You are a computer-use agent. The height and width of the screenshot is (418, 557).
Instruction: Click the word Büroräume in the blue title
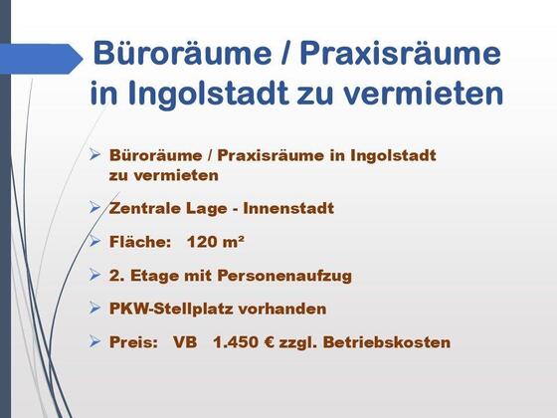tap(182, 53)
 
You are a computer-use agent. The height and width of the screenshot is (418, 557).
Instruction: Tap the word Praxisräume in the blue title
tap(401, 55)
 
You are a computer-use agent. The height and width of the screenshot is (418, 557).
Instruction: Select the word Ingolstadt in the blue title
tap(208, 94)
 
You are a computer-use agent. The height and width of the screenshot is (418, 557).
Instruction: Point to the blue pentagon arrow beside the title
tap(41, 59)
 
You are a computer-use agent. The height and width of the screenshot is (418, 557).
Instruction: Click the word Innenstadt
tap(288, 208)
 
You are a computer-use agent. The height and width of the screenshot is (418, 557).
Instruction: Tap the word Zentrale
tap(145, 208)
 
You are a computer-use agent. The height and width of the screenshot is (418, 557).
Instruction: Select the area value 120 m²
tap(215, 242)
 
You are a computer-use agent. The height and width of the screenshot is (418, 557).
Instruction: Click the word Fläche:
tap(140, 242)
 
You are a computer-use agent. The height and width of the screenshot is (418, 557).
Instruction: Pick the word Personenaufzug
tap(284, 276)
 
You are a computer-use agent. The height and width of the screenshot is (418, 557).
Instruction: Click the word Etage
tap(154, 276)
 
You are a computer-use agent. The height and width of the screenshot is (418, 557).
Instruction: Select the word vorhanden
tap(282, 309)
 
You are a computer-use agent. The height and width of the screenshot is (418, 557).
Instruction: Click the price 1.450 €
tap(244, 342)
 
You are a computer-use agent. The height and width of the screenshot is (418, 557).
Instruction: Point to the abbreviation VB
tap(185, 342)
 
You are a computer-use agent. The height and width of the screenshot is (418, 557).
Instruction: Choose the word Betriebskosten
tap(387, 342)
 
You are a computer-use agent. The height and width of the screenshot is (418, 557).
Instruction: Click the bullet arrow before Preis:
tap(94, 341)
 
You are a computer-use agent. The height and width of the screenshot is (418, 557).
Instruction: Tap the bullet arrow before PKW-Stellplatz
tap(94, 308)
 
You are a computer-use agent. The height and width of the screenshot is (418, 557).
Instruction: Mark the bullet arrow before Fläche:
tap(94, 241)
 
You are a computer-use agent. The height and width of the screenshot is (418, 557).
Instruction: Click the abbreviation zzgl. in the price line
tap(298, 343)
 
